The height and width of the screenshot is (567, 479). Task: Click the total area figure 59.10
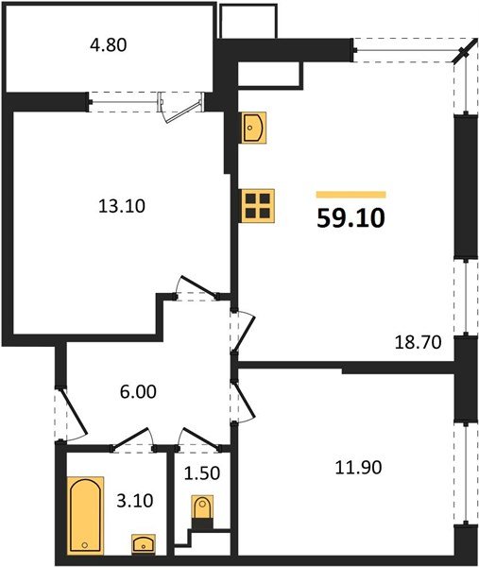click(350, 218)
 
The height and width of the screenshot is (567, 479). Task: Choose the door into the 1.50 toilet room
click(200, 438)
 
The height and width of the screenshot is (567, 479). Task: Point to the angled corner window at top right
click(463, 56)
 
